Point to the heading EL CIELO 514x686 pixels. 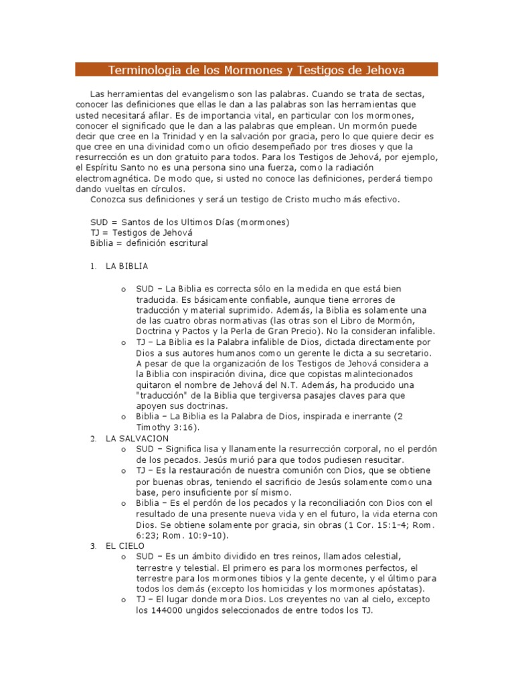tap(125, 546)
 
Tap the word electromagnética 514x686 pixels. tap(129, 180)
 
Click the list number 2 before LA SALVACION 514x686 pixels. tap(92, 439)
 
